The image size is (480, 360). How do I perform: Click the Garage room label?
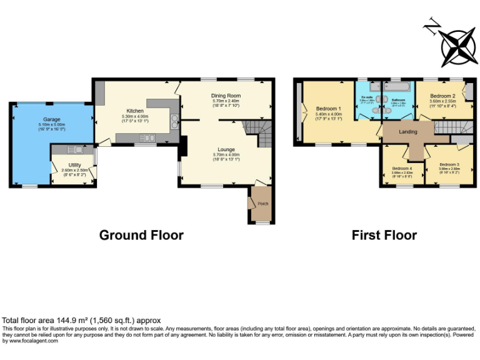click(51, 119)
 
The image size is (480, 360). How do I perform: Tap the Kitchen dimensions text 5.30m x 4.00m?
click(136, 116)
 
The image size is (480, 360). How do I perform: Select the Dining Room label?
click(226, 96)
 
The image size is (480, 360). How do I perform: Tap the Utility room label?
click(74, 164)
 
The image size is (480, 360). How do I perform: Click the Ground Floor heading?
click(141, 235)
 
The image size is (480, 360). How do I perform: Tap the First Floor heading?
click(384, 235)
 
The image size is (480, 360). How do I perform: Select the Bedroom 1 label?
click(329, 108)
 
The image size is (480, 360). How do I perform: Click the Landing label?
click(408, 131)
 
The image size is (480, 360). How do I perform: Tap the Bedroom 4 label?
click(402, 168)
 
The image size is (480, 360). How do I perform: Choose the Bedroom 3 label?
click(449, 164)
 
